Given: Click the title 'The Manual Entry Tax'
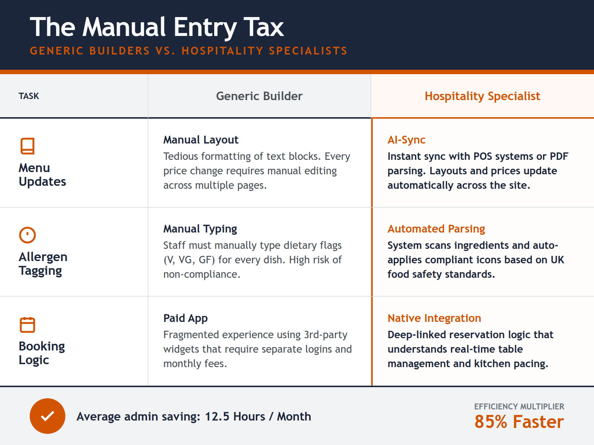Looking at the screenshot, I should [x=157, y=27].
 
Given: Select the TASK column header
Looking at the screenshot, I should [x=29, y=96].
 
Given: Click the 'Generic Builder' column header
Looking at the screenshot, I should [x=259, y=96].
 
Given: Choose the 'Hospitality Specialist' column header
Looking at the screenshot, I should [x=482, y=96].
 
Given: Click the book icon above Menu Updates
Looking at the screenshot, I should [x=27, y=146].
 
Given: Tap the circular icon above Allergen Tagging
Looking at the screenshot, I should [x=27, y=235].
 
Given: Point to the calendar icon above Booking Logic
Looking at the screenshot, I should [x=27, y=325].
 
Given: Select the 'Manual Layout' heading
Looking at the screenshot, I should [x=200, y=140].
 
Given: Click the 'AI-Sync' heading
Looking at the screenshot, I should [x=406, y=140].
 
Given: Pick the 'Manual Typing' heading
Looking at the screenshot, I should [x=200, y=229].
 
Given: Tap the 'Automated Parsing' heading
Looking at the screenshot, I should [x=436, y=229].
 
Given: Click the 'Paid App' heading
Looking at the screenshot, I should [x=185, y=318].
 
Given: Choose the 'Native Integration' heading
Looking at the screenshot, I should [x=434, y=318].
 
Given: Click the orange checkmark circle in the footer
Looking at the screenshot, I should [x=48, y=416].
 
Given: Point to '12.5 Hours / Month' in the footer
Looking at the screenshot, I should [x=258, y=416].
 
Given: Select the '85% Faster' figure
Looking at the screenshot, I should [x=519, y=422].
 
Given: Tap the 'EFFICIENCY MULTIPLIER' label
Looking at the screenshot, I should [x=519, y=406].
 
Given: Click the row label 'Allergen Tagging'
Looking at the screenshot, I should [x=43, y=264].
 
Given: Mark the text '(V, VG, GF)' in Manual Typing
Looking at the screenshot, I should [x=189, y=260].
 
